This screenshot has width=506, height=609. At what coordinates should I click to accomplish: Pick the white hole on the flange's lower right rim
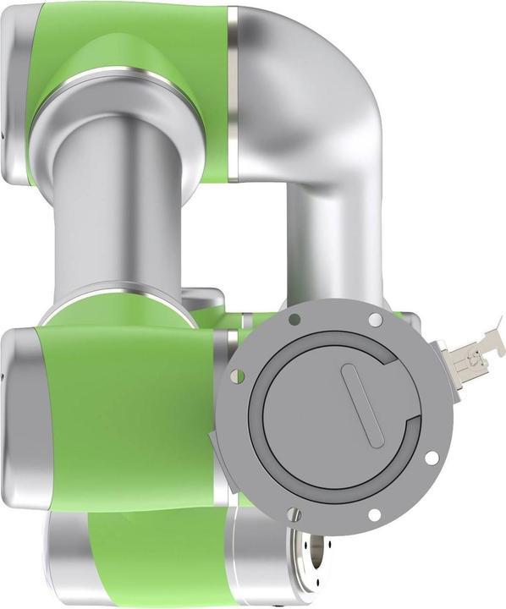pos(432,458)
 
